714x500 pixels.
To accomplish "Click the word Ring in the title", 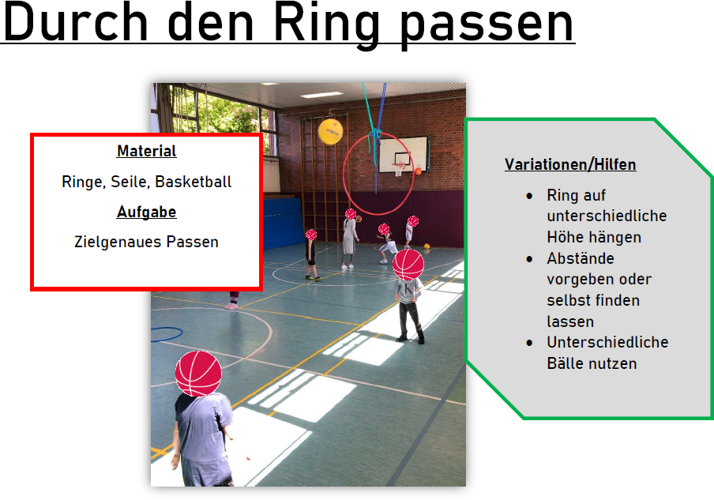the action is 327,24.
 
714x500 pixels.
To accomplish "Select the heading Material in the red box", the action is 146,151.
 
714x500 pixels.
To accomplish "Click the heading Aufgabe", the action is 146,212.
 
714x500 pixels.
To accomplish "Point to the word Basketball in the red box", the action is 193,182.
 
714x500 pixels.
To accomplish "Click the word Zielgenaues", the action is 118,242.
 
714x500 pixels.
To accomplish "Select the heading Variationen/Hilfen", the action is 570,164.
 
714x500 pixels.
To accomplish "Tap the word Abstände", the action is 581,258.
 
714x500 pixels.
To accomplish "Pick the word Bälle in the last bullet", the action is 563,363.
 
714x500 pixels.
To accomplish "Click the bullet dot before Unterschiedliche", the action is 529,343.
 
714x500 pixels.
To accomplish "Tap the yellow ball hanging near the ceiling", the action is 330,132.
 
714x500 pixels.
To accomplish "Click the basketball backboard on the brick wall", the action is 404,154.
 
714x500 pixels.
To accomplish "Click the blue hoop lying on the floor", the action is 166,334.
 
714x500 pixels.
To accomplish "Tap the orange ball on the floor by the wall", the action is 427,246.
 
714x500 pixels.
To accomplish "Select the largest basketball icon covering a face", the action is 198,373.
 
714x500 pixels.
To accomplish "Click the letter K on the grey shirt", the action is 408,288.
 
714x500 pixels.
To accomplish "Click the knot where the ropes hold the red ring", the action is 376,133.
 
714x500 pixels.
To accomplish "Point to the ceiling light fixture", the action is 321,95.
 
